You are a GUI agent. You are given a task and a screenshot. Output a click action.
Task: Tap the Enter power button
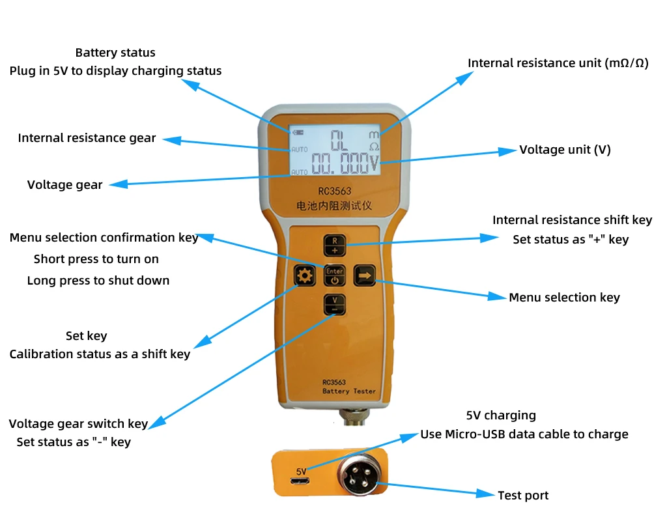(x=335, y=276)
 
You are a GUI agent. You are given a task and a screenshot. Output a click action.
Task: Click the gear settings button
(x=304, y=277)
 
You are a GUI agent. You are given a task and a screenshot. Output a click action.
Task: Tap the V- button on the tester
(x=335, y=304)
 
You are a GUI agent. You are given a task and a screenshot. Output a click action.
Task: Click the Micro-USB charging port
(x=300, y=483)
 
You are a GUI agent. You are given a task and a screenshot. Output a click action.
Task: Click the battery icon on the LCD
(x=298, y=132)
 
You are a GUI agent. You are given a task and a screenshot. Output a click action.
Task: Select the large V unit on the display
(x=374, y=164)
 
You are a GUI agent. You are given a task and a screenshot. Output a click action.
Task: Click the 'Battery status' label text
(x=115, y=53)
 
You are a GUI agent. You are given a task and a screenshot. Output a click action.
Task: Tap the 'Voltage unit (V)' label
(x=565, y=150)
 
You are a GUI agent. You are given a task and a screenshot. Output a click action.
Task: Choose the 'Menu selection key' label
(x=564, y=298)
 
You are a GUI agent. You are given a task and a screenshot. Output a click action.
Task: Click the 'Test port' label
(x=523, y=496)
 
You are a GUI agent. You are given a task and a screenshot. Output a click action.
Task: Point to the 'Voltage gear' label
(x=64, y=185)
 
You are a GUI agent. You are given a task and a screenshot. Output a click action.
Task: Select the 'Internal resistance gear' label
(x=87, y=138)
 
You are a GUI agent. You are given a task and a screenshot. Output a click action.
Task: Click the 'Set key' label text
(x=86, y=336)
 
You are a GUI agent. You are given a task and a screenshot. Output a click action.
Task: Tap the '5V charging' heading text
(x=501, y=415)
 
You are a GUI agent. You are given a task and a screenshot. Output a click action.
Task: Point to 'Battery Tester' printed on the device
(x=349, y=391)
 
